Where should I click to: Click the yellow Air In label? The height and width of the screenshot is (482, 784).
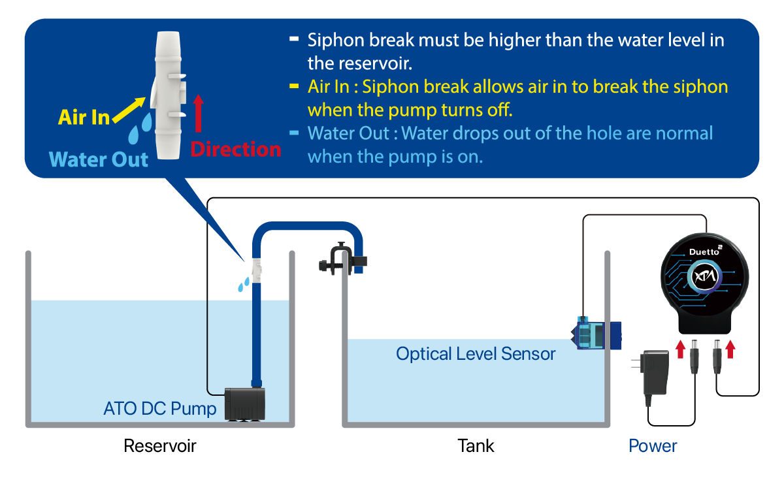[x=84, y=117]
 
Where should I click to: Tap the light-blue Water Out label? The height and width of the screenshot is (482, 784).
[x=99, y=159]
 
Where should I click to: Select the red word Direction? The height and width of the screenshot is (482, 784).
[x=235, y=150]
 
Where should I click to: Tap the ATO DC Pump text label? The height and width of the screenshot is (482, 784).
[x=159, y=410]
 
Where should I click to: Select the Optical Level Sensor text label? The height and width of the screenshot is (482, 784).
[x=476, y=354]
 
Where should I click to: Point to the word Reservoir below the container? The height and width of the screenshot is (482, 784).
[x=160, y=446]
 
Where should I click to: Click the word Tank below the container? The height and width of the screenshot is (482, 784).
[x=476, y=446]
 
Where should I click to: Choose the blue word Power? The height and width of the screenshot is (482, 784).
[x=653, y=446]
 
